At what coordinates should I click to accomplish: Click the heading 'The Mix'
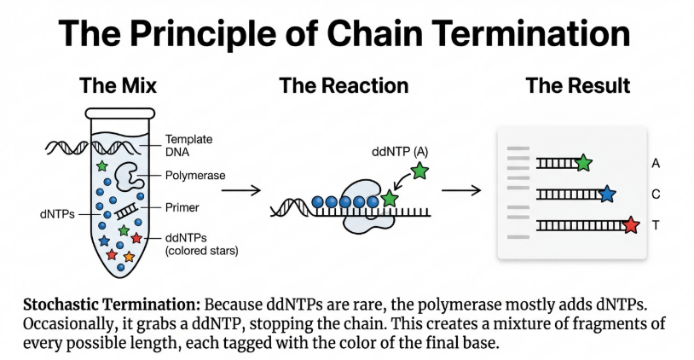click(118, 85)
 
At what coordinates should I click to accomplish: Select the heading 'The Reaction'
click(343, 85)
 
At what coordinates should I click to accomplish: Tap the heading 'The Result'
click(578, 85)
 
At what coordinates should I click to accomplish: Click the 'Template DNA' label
click(188, 146)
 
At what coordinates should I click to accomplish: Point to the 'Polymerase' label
click(195, 176)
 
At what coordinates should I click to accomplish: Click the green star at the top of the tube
click(103, 164)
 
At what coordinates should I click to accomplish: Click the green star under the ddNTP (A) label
click(419, 171)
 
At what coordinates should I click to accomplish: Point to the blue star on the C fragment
click(606, 195)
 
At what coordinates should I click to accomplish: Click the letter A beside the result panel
click(656, 163)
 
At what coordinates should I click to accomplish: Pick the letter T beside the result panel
click(656, 225)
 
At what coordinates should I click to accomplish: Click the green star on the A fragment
click(583, 162)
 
